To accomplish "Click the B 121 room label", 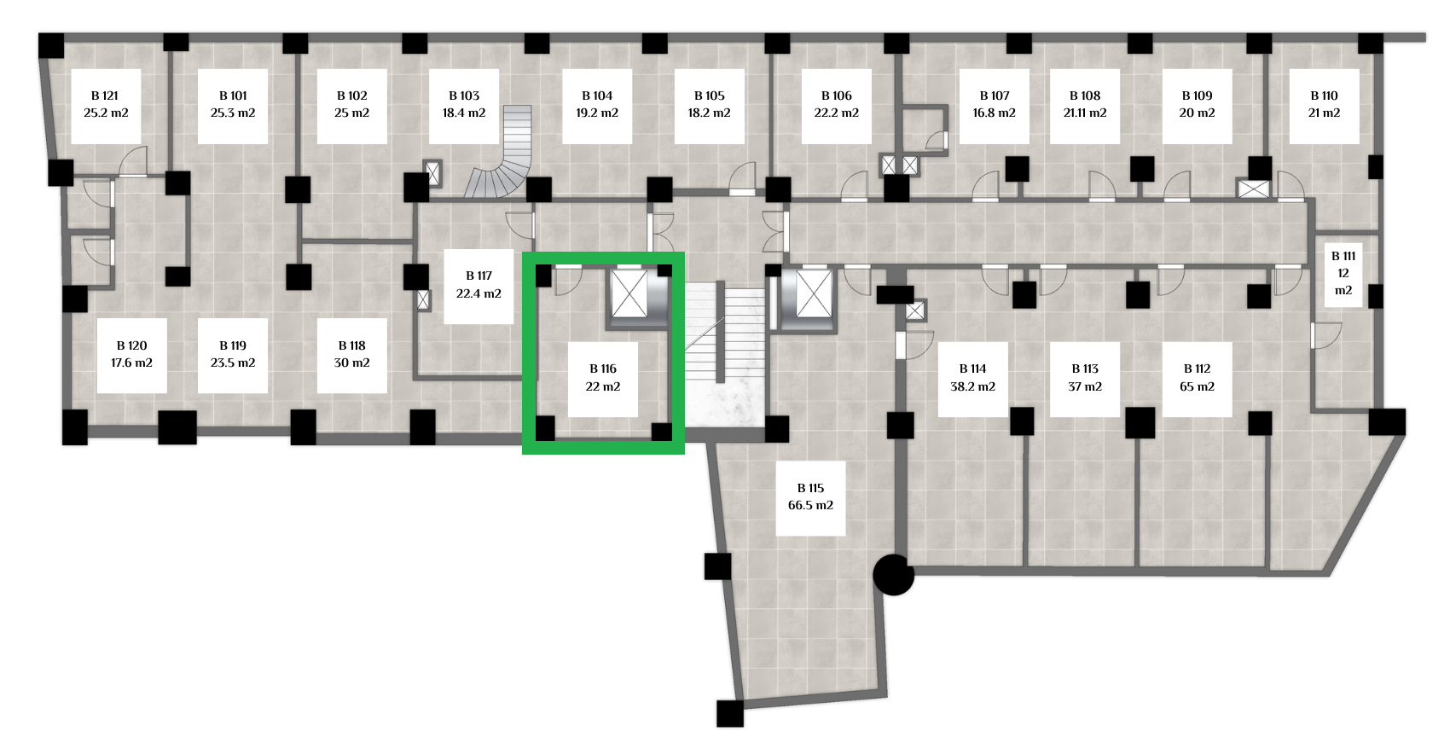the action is tap(106, 105).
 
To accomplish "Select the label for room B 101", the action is tap(233, 105).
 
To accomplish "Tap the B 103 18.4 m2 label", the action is tap(464, 105).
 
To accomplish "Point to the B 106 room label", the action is tap(837, 105).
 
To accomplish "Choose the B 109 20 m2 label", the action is tap(1198, 105).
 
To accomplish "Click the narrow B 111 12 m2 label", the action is tap(1343, 273).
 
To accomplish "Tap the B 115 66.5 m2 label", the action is tap(810, 497).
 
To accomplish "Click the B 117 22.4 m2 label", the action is tap(478, 286).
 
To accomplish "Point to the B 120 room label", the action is tap(131, 355).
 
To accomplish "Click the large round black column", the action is tap(894, 575).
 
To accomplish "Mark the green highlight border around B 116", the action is tap(603, 353).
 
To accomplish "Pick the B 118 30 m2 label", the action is tap(352, 355).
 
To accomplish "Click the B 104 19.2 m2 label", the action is tap(597, 105).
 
